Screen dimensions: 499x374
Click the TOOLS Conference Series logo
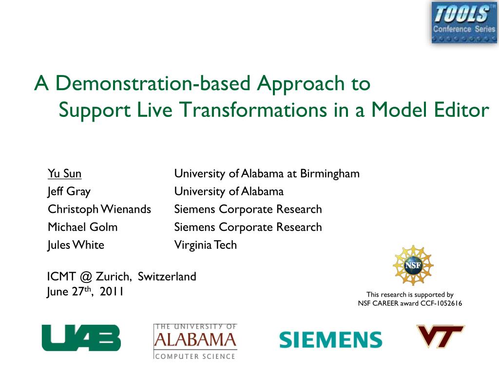(x=464, y=22)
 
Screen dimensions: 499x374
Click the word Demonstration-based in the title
(x=153, y=84)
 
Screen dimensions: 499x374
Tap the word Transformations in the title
(x=253, y=110)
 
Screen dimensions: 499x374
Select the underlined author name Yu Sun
(x=65, y=174)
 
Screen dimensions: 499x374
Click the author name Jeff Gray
(x=69, y=191)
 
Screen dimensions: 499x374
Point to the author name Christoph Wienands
(x=99, y=209)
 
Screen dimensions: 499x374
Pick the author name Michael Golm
(x=83, y=227)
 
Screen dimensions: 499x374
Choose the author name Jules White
(x=76, y=245)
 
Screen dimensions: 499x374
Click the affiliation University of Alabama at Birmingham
(x=267, y=174)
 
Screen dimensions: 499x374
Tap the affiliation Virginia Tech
(x=206, y=245)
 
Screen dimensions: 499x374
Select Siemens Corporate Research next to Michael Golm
(x=248, y=227)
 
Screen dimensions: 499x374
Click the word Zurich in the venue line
(x=114, y=277)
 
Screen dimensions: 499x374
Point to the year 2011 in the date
(x=112, y=292)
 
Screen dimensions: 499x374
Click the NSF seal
(x=413, y=265)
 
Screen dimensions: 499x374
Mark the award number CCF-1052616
(x=441, y=303)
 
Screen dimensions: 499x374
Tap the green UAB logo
(x=81, y=338)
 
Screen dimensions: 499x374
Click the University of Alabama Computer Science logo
(x=195, y=341)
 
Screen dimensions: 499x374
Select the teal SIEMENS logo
(x=331, y=339)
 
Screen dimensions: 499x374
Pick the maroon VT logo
(x=441, y=336)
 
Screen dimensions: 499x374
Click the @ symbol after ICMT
(x=86, y=277)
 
